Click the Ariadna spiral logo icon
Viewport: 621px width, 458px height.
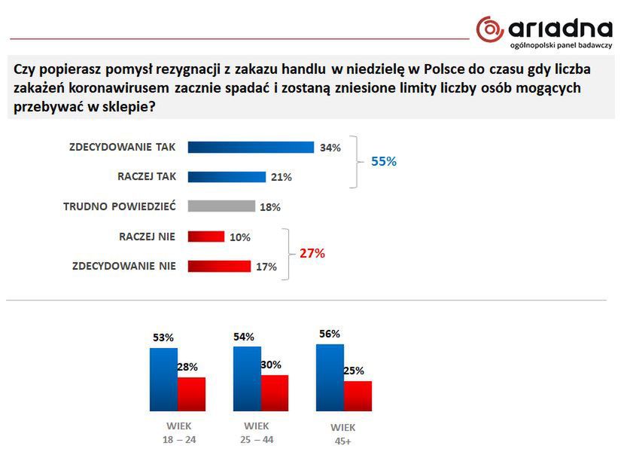coord(489,29)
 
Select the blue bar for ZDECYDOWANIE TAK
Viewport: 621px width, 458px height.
coord(250,148)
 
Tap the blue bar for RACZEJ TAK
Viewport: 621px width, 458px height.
coord(227,177)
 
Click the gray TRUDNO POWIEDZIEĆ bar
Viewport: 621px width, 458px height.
coord(221,206)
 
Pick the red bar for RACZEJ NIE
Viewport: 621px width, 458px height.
coord(205,237)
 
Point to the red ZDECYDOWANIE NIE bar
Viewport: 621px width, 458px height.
coord(218,266)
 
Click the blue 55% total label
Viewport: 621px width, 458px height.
coord(383,161)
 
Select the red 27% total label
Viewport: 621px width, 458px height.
coord(312,253)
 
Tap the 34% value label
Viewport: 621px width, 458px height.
coord(330,148)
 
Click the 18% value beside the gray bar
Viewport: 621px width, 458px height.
coord(270,207)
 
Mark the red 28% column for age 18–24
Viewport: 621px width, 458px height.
coord(191,394)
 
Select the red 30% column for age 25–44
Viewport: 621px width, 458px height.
coord(275,392)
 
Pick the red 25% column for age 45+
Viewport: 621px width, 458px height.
coord(358,396)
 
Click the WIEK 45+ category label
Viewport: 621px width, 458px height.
coord(343,434)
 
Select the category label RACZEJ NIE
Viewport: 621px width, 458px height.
coord(148,237)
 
